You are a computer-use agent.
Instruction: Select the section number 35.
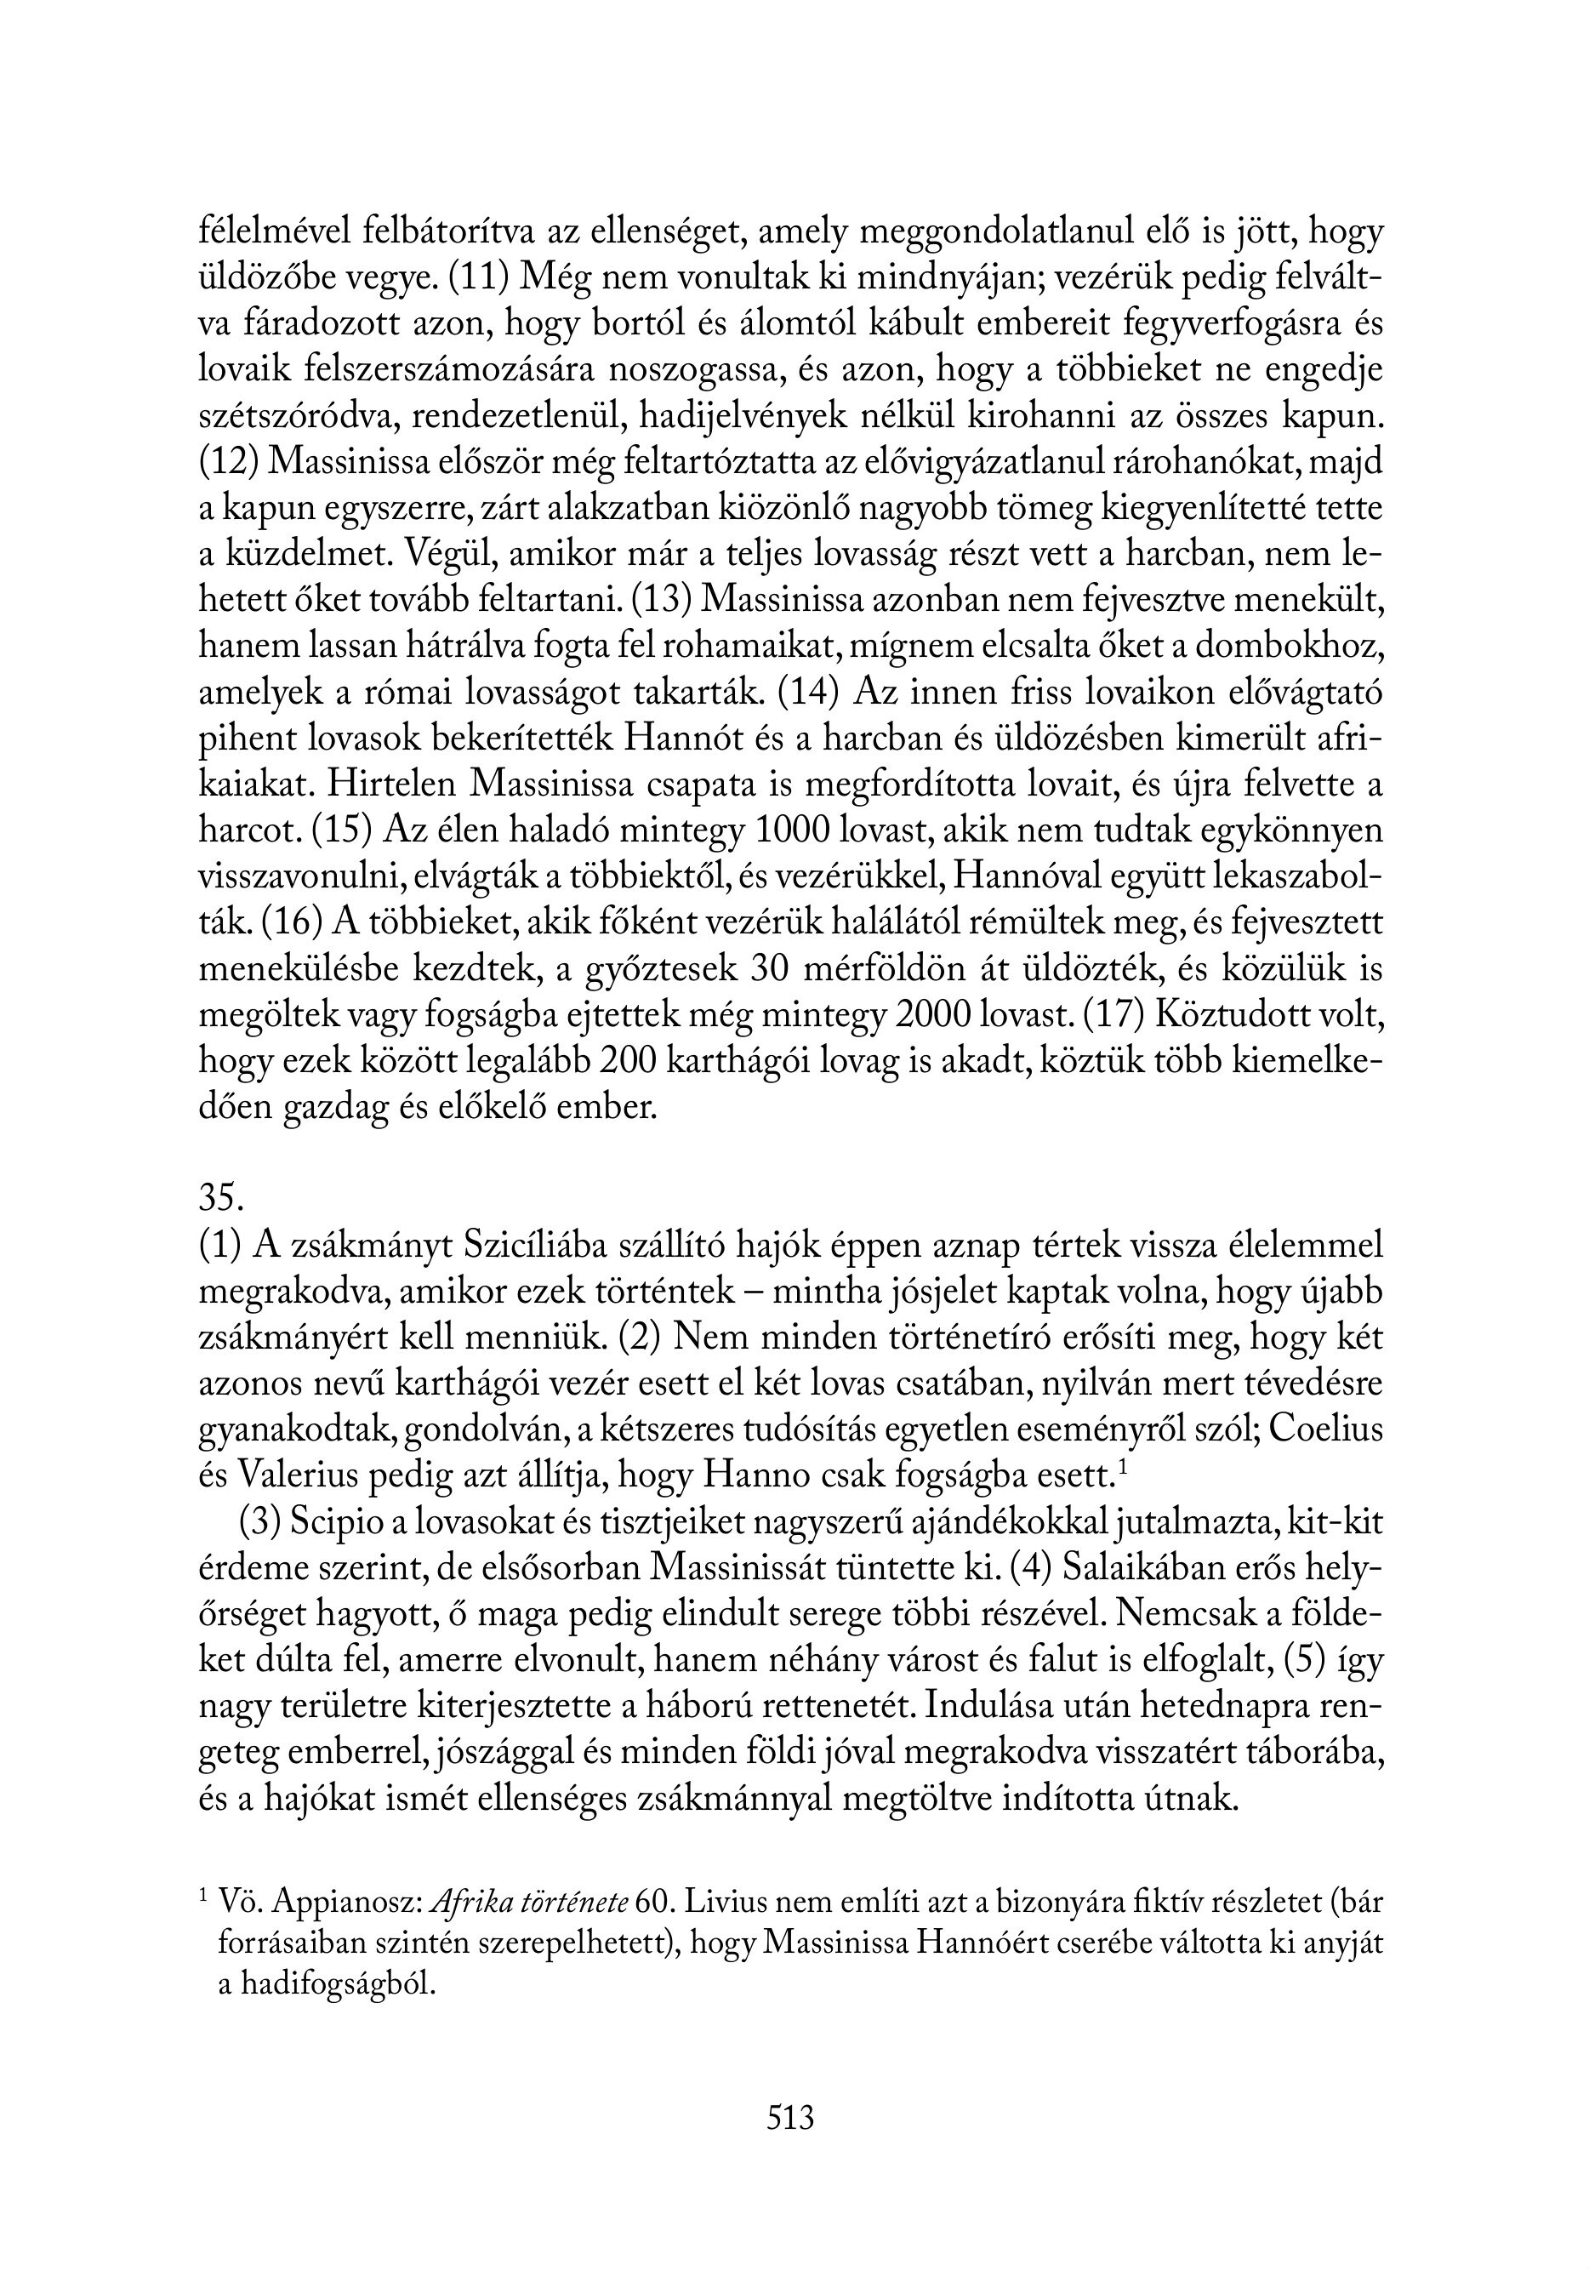(221, 1198)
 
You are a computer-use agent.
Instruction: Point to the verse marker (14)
(809, 693)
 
